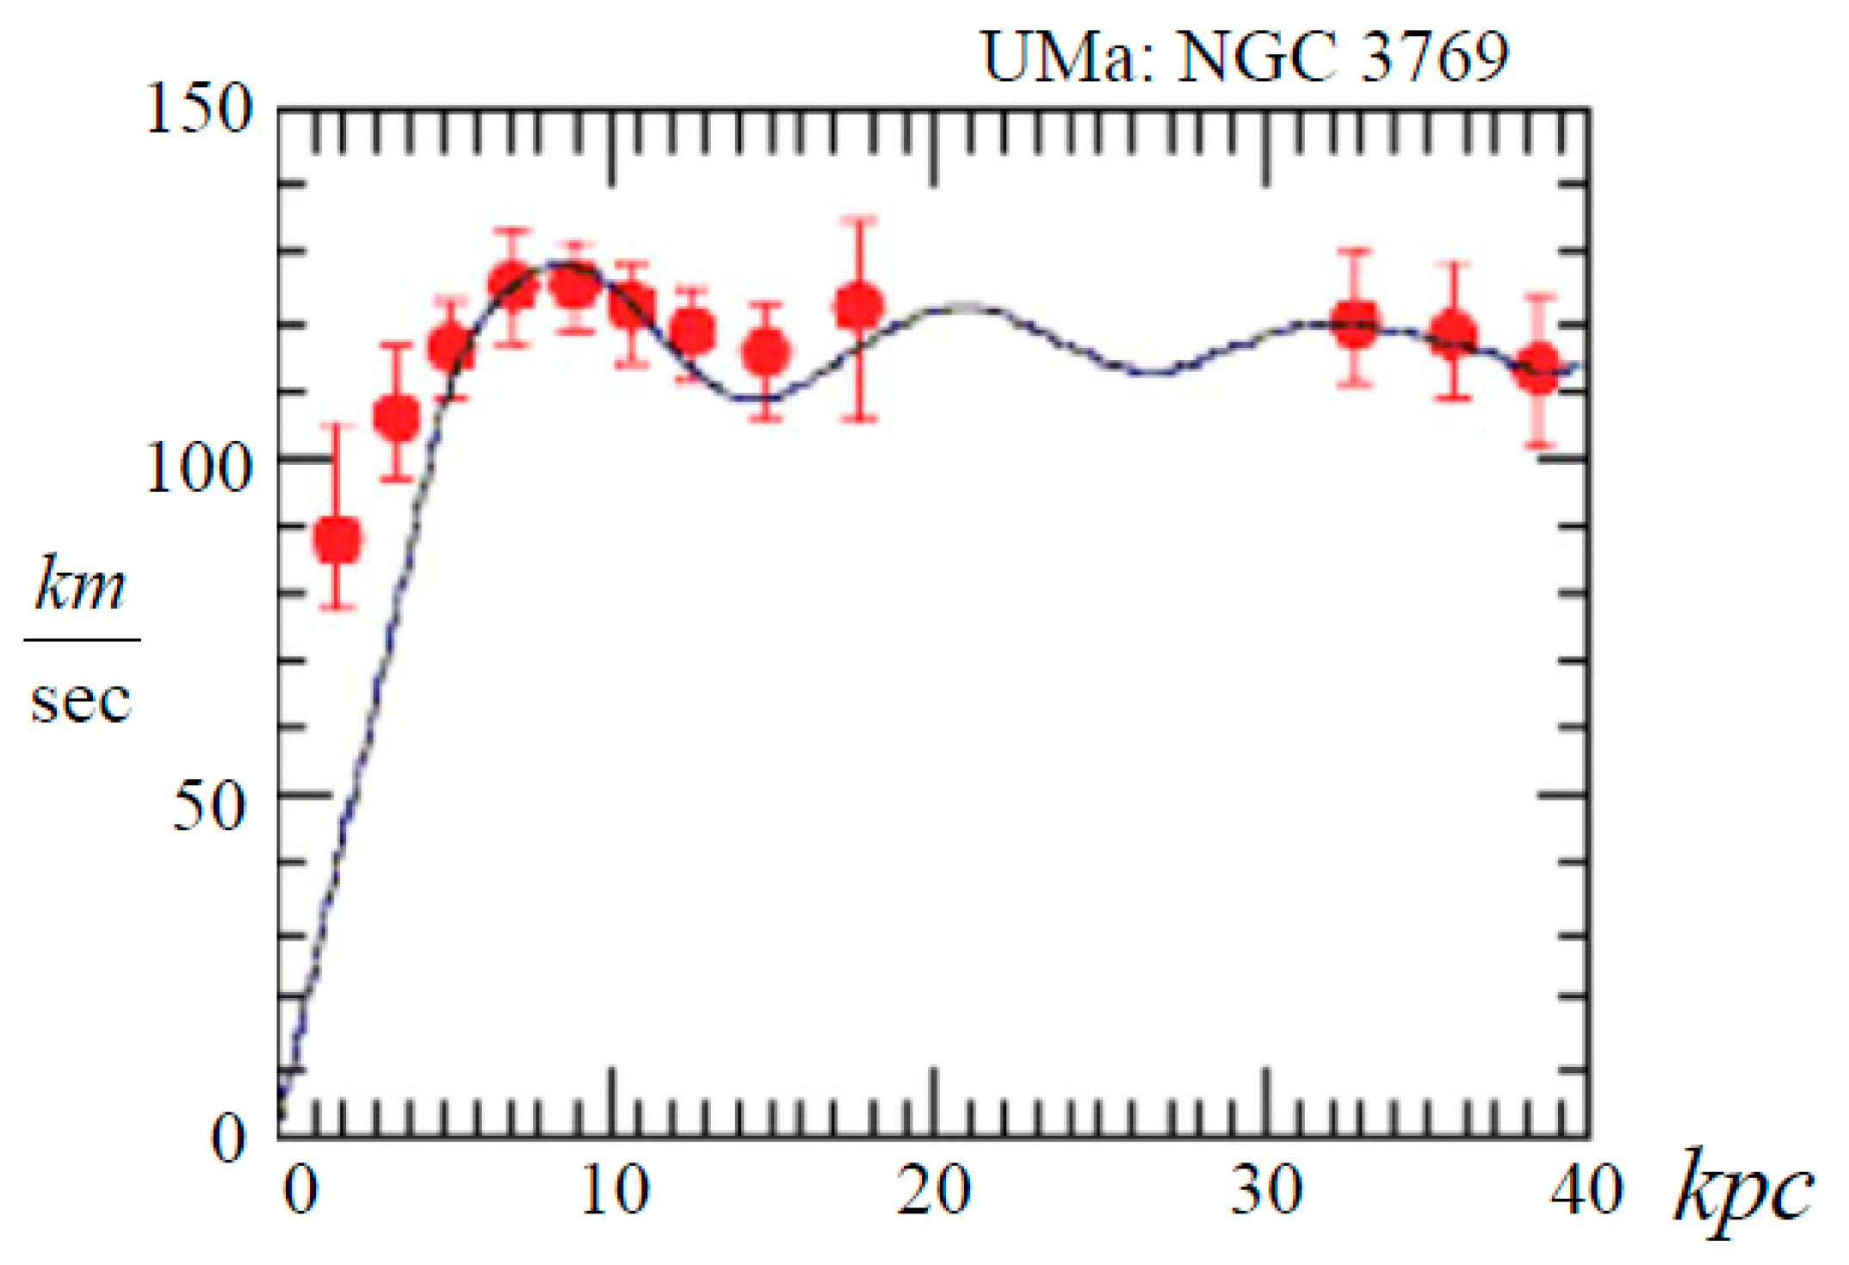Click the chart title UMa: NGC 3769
[1244, 57]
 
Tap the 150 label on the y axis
[199, 109]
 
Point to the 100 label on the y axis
[199, 469]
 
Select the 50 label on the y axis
[209, 807]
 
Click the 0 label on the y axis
[229, 1138]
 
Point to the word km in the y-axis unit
[81, 585]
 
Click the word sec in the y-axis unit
[81, 699]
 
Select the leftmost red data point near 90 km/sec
[337, 540]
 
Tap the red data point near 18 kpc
[859, 306]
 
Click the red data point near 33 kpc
[1356, 324]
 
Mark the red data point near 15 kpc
[765, 352]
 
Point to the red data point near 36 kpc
[1454, 334]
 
